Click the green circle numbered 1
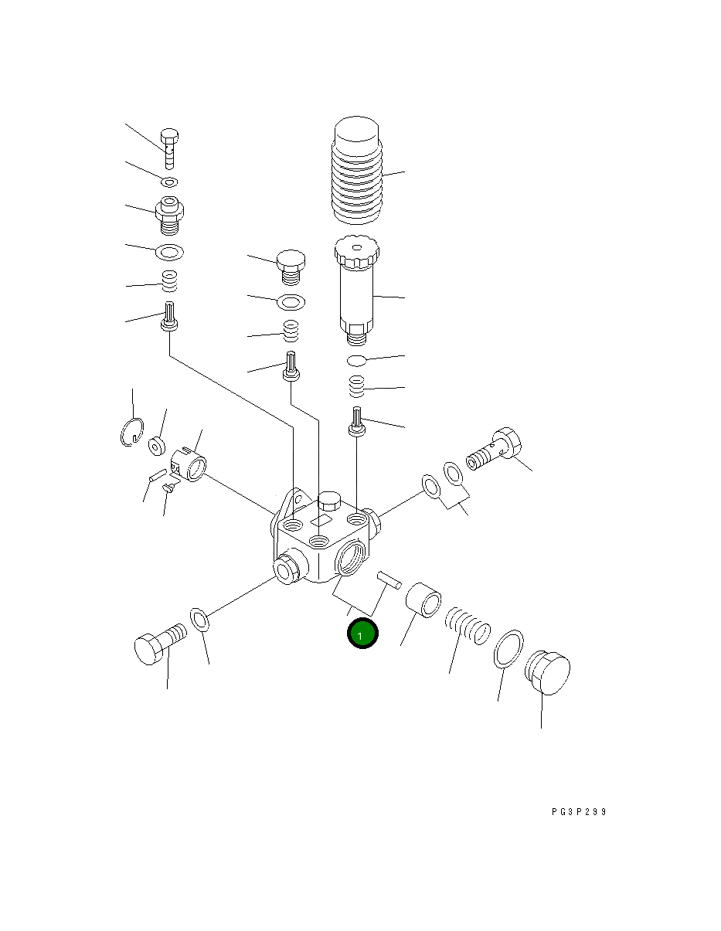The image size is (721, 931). click(362, 634)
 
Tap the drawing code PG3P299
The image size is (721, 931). click(579, 812)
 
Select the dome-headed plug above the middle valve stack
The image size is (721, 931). click(290, 265)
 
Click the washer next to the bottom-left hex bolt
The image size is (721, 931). click(199, 620)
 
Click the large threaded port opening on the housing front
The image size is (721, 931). click(353, 559)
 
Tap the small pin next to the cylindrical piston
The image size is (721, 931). click(388, 579)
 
